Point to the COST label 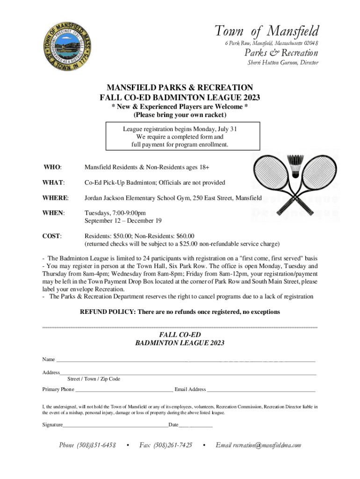52,236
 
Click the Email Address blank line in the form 261,389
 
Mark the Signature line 115,425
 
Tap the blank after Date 196,425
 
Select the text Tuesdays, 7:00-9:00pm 115,213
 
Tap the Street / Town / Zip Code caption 94,379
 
